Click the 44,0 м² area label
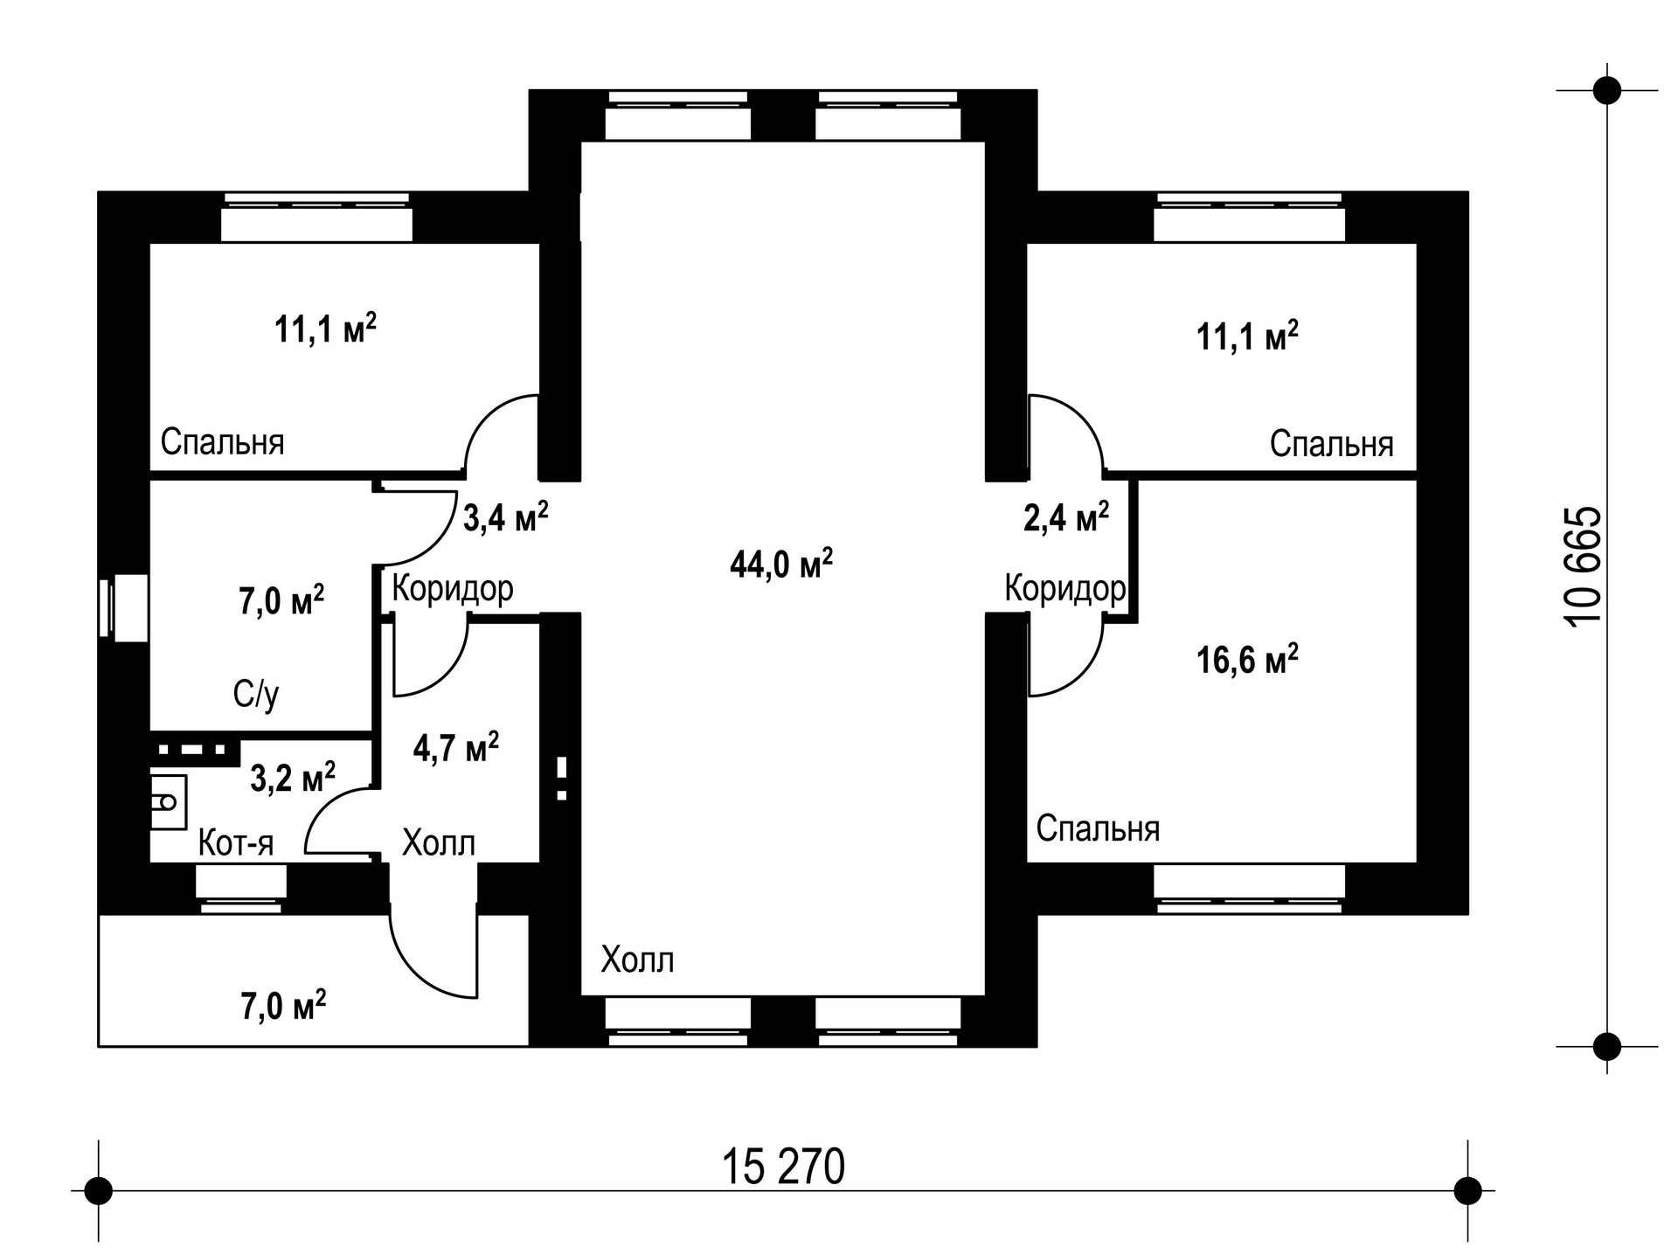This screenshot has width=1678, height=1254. (x=780, y=565)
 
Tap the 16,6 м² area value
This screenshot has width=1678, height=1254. (x=1246, y=659)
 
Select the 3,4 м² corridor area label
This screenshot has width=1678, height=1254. (x=505, y=517)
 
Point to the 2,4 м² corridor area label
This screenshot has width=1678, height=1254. (x=1065, y=517)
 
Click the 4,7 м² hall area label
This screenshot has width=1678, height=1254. (x=455, y=748)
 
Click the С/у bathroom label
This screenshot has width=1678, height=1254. (x=256, y=695)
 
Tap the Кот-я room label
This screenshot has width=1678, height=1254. (x=236, y=843)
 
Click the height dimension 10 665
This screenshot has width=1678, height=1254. (x=1584, y=565)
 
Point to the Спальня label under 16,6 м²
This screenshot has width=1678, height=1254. (x=1098, y=828)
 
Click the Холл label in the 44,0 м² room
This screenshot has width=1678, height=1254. (x=637, y=960)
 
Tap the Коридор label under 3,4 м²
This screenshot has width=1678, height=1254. (x=452, y=589)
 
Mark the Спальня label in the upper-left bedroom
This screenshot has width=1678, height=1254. (x=222, y=442)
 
